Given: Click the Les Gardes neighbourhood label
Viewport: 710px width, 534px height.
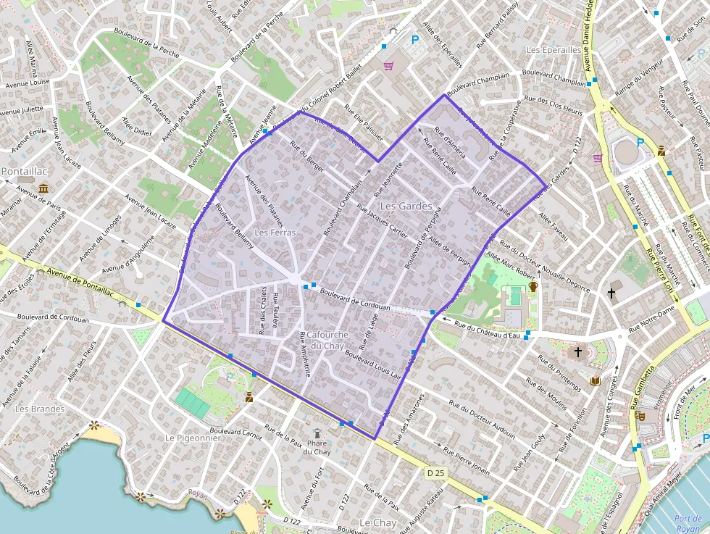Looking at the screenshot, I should tap(406, 206).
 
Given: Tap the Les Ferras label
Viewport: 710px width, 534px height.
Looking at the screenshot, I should tap(275, 233).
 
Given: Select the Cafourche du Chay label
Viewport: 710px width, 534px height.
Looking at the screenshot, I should tap(328, 340).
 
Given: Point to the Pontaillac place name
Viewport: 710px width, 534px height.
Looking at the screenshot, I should tap(25, 172).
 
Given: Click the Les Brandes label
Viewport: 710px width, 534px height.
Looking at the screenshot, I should tap(40, 409).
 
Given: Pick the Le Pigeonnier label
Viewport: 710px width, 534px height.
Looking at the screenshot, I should tap(192, 438).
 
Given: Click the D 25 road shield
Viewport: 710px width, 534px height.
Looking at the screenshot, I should tap(435, 473).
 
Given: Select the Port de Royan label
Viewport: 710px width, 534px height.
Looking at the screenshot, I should tap(687, 523).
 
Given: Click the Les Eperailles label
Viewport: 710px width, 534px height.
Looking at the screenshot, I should tap(554, 50).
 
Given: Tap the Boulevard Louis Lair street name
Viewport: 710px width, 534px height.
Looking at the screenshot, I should tap(373, 365).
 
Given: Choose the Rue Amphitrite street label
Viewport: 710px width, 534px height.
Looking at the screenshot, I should tap(305, 354).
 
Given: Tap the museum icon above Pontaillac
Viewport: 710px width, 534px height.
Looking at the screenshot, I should tap(44, 188).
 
